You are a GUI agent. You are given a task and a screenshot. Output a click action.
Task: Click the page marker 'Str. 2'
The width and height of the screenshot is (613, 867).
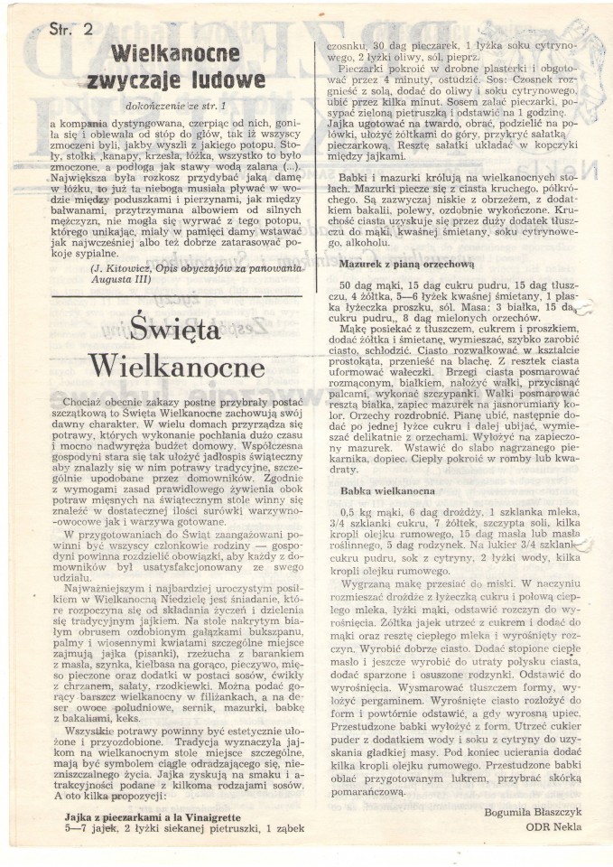66,28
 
